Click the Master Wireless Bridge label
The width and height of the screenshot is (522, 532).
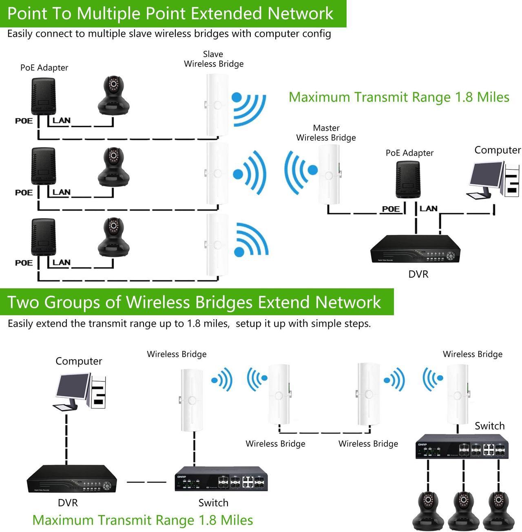point(326,133)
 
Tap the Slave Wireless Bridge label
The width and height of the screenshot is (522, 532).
point(213,59)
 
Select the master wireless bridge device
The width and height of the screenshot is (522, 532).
point(329,174)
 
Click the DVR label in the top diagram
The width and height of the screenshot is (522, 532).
point(418,274)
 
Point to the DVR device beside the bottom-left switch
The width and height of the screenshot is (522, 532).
point(72,480)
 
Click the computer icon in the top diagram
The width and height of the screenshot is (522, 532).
point(493,179)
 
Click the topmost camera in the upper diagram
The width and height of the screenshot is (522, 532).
point(114,95)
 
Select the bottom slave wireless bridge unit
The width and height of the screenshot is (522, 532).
point(217,245)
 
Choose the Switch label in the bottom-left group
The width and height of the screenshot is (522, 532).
point(213,503)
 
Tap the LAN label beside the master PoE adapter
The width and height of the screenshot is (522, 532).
point(428,208)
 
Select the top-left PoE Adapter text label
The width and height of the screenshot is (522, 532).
point(44,68)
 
